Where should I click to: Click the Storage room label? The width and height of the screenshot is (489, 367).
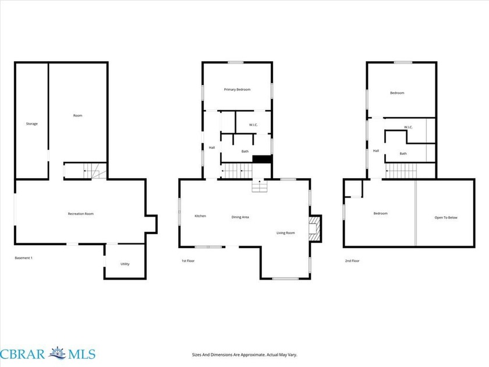click(32, 124)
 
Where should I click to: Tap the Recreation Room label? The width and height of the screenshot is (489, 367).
click(81, 214)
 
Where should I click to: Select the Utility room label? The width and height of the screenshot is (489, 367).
click(125, 264)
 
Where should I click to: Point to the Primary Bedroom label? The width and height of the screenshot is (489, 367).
click(237, 90)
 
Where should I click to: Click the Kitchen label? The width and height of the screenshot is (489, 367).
click(200, 216)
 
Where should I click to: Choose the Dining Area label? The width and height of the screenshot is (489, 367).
click(240, 217)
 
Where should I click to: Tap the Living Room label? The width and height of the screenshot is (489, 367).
click(286, 233)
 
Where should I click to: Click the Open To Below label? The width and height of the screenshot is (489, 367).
click(446, 217)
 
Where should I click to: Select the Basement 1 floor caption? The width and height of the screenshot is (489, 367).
click(24, 258)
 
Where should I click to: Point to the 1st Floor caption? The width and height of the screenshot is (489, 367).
click(188, 261)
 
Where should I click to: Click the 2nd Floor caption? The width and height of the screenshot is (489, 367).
click(352, 261)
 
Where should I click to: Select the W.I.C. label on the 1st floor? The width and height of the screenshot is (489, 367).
click(253, 125)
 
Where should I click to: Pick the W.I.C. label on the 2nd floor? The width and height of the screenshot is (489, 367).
click(408, 127)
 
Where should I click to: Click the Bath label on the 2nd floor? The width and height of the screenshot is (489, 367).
click(403, 154)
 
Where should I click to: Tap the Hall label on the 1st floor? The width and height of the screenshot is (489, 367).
click(212, 147)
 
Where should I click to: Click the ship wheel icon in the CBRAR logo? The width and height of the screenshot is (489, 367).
click(58, 354)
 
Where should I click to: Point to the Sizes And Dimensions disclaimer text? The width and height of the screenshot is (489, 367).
click(245, 355)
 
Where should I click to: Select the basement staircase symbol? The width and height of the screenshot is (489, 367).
click(92, 171)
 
